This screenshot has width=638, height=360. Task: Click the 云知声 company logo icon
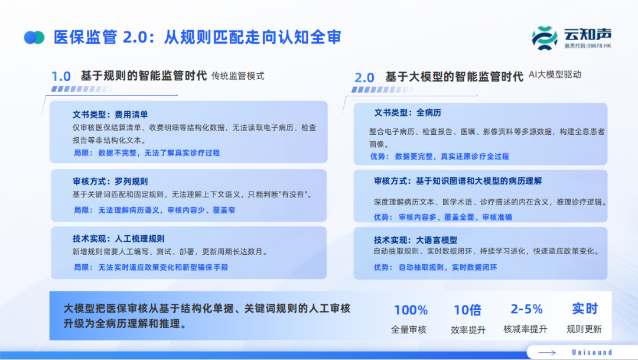click(545, 38)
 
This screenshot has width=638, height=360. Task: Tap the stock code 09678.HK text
click(588, 46)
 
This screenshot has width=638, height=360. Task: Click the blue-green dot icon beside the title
click(34, 37)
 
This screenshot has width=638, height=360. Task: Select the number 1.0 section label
click(61, 76)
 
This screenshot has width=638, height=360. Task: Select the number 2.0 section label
click(364, 77)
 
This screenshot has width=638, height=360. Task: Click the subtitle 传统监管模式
click(237, 76)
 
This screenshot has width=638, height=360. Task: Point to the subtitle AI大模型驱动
click(555, 74)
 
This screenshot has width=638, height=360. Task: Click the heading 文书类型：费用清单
click(110, 115)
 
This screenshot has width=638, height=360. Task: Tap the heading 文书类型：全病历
click(408, 113)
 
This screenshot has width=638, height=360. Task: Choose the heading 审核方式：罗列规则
click(110, 181)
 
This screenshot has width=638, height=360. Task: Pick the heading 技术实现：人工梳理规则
click(118, 239)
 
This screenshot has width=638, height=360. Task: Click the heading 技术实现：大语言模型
click(415, 240)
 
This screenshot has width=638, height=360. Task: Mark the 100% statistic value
click(411, 310)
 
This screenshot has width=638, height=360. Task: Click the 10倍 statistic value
click(467, 310)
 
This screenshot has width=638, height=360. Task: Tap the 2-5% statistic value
click(526, 309)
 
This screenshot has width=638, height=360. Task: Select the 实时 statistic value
click(585, 309)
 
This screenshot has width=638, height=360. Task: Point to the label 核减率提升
click(525, 329)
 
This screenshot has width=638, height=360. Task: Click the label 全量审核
click(409, 330)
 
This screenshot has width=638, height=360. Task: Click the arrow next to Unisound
click(547, 353)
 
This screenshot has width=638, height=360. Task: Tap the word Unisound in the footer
click(592, 353)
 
